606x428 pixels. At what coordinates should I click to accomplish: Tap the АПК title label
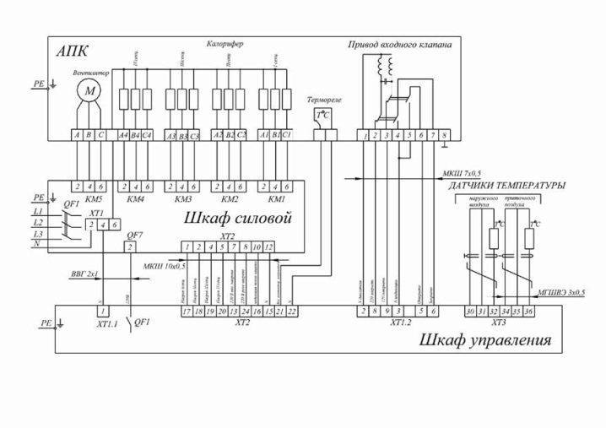[x=72, y=51]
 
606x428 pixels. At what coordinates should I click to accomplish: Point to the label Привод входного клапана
[x=400, y=44]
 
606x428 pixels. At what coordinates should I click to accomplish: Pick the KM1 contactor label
[x=275, y=199]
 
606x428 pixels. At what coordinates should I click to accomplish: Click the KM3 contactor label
[x=182, y=199]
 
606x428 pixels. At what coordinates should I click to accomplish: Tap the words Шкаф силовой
[x=238, y=219]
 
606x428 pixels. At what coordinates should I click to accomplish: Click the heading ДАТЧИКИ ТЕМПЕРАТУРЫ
[x=506, y=185]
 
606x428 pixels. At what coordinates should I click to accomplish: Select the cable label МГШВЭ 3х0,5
[x=561, y=292]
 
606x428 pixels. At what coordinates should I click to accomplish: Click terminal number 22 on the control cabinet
[x=291, y=312]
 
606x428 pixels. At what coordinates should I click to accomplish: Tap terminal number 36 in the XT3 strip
[x=529, y=312]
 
